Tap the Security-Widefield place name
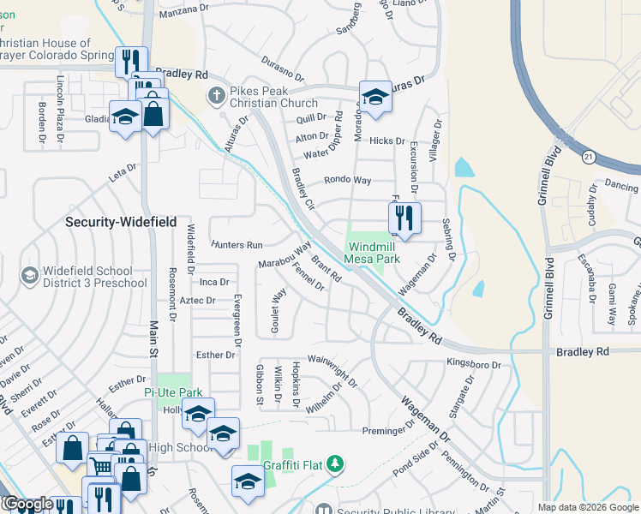pos(121,222)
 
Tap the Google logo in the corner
pos(27,505)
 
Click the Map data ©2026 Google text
pos(588,507)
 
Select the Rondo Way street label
pos(347,181)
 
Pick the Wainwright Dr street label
pos(332,369)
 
